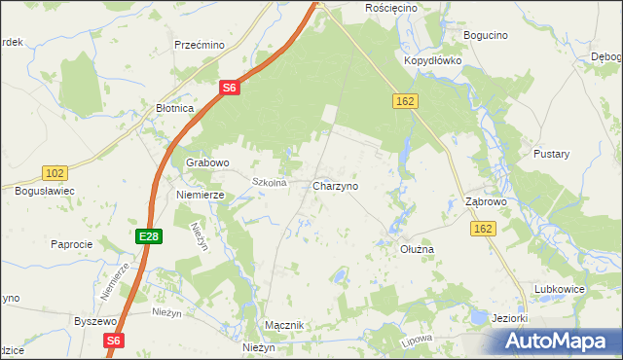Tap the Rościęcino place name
390,8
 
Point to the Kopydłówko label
432,59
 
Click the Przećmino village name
200,45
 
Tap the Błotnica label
175,109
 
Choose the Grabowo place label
207,162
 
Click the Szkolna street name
269,182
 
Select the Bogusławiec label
45,191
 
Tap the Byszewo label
95,320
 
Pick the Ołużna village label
417,249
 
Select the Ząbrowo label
486,202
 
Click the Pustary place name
551,154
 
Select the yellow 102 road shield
55,173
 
